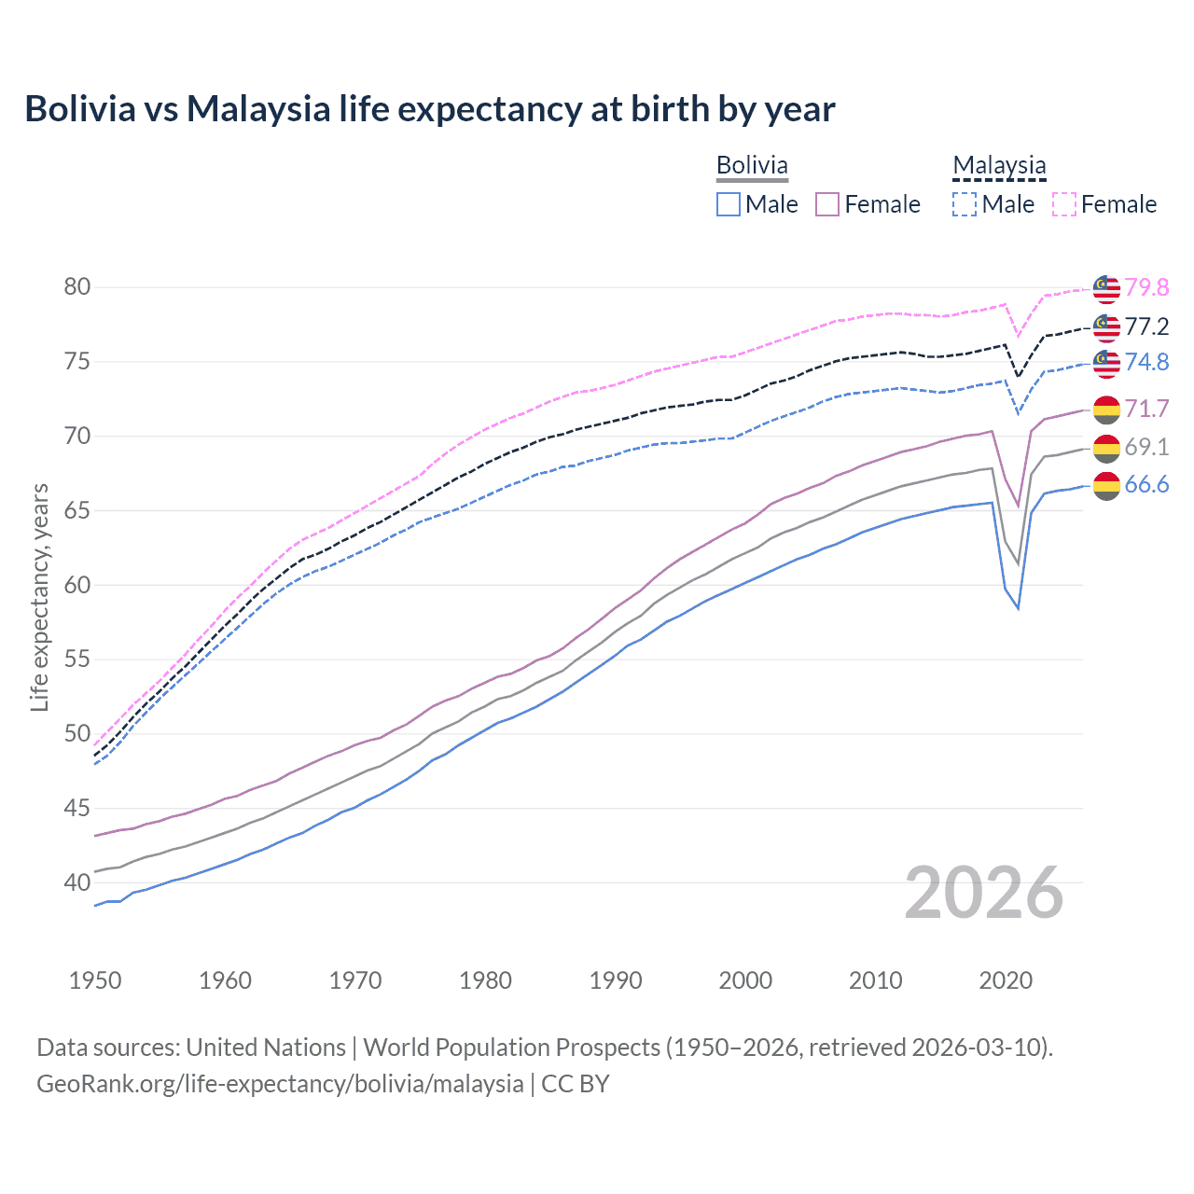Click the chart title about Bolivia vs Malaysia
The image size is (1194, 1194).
tap(430, 109)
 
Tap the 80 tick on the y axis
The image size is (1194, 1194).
tap(77, 286)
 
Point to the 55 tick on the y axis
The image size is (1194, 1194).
tap(77, 659)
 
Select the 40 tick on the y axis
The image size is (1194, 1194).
tap(77, 882)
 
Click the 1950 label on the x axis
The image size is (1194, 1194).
tap(95, 980)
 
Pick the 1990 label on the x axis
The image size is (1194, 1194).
tap(616, 980)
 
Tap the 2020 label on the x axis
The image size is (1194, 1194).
tap(1006, 980)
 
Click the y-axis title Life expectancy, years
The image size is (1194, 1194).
tap(39, 597)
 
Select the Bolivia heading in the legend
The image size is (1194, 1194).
tap(752, 165)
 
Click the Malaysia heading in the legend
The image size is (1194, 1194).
tap(999, 165)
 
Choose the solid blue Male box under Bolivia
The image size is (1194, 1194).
tap(729, 204)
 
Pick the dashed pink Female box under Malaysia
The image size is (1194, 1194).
tap(1064, 204)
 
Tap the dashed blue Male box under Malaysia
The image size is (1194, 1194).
tap(965, 204)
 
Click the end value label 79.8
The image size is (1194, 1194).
tap(1146, 287)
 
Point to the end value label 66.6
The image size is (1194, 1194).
tap(1146, 484)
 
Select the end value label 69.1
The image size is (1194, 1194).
tap(1146, 447)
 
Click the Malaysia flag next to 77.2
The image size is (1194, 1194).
tap(1106, 326)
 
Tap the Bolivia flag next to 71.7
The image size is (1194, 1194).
tap(1106, 409)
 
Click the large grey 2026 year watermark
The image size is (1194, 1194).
tap(984, 893)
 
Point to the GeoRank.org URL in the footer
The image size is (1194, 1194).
tap(280, 1084)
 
